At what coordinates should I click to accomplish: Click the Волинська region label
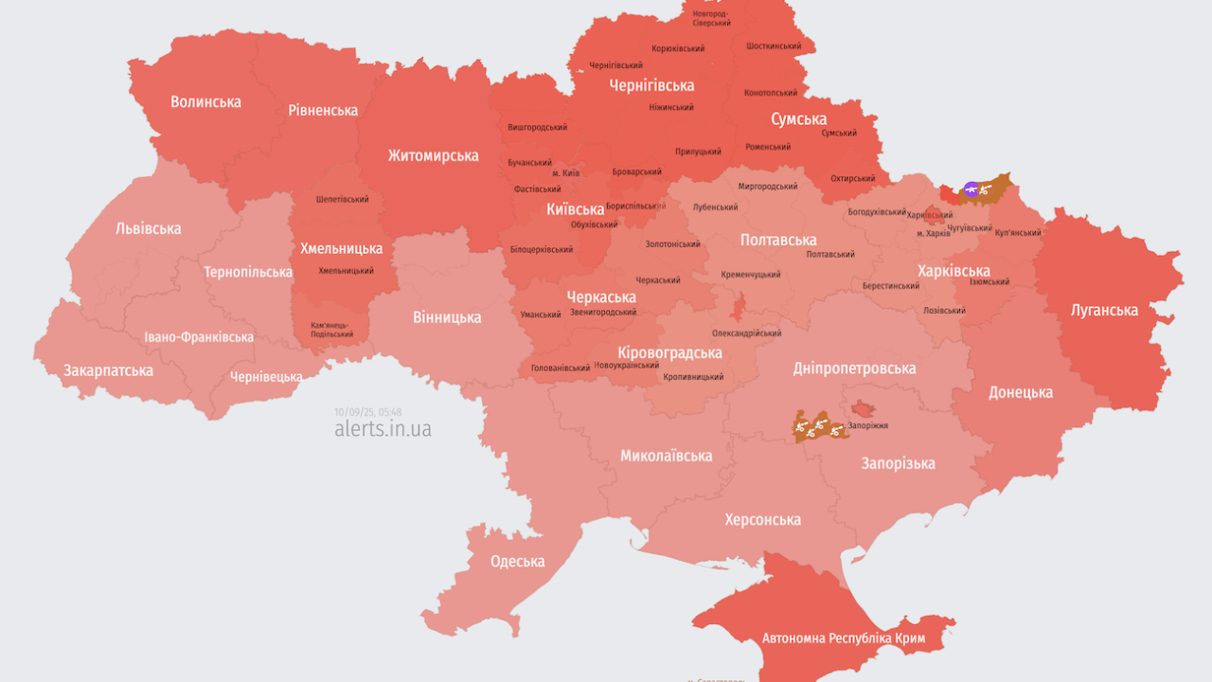click(205, 101)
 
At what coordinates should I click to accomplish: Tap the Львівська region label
click(149, 228)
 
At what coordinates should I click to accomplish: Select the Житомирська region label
click(433, 155)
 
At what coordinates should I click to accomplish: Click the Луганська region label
click(1104, 310)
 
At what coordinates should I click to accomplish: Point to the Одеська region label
click(517, 561)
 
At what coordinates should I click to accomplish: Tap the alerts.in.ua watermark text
click(383, 428)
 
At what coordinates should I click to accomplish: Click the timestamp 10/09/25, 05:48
click(367, 412)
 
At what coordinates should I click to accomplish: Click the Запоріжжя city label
click(868, 426)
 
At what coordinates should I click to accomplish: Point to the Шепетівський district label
click(343, 199)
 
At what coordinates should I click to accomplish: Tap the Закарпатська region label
click(108, 370)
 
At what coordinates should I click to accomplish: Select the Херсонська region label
click(762, 519)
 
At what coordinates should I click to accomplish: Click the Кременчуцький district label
click(751, 275)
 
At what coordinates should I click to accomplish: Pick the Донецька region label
click(1021, 392)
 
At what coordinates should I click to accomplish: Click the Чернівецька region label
click(266, 376)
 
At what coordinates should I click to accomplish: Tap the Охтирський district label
click(853, 178)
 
